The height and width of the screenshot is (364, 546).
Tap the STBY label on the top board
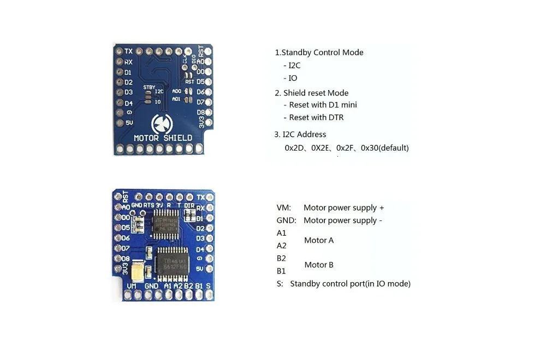pyautogui.click(x=149, y=87)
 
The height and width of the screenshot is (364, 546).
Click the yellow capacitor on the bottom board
pyautogui.click(x=140, y=269)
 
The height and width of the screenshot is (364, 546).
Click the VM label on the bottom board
pyautogui.click(x=132, y=286)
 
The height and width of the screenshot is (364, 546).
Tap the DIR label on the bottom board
pyautogui.click(x=189, y=205)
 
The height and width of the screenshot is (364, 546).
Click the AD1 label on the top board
pyautogui.click(x=176, y=99)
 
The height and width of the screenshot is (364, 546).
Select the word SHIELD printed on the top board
pyautogui.click(x=177, y=138)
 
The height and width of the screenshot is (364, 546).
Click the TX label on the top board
pyautogui.click(x=128, y=51)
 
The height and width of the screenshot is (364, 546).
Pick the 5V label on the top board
pyautogui.click(x=129, y=123)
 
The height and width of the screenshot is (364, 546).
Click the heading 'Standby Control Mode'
pyautogui.click(x=322, y=53)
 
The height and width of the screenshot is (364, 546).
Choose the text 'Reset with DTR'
pyautogui.click(x=316, y=117)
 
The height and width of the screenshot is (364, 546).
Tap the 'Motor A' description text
pyautogui.click(x=319, y=240)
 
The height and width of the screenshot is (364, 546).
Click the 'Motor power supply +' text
pyautogui.click(x=343, y=208)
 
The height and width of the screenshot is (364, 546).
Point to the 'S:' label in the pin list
pyautogui.click(x=280, y=284)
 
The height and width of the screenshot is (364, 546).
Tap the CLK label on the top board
pyautogui.click(x=185, y=56)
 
